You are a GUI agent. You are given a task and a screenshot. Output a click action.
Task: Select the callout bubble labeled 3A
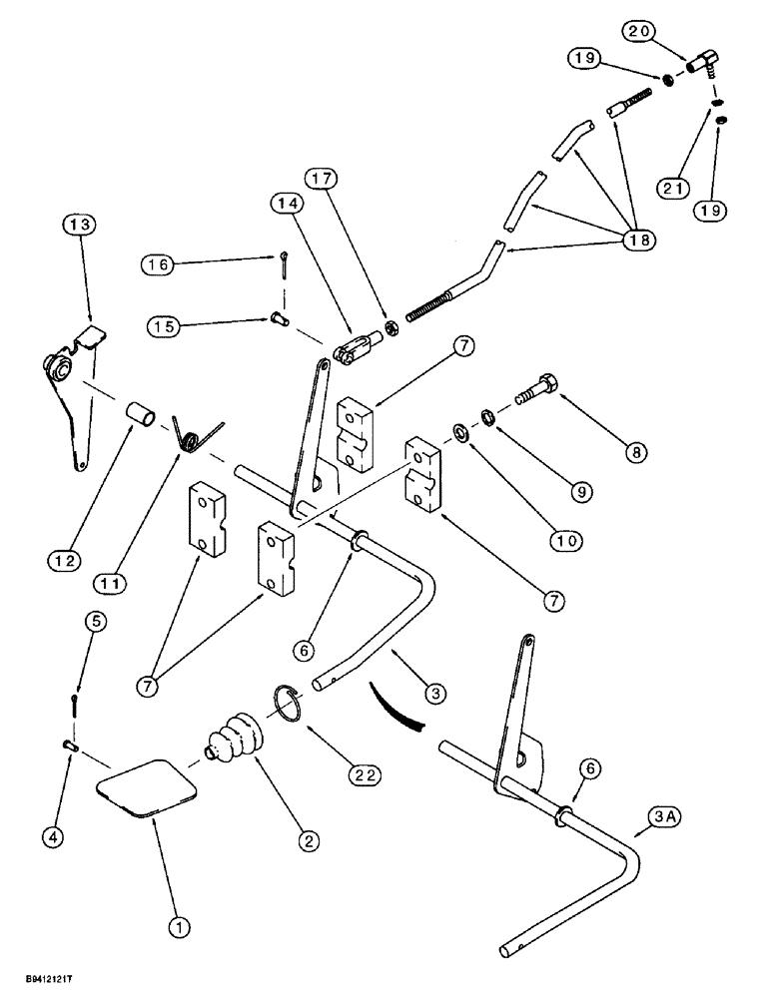648,819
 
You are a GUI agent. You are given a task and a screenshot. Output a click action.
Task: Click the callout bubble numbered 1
180,929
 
